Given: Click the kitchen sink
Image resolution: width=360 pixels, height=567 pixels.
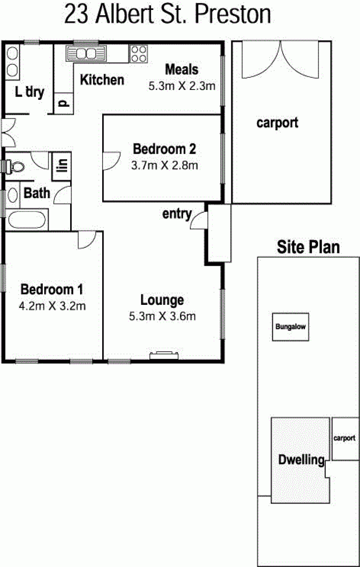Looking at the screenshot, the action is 86,54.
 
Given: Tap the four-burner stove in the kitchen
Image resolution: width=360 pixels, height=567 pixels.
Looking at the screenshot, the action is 139,54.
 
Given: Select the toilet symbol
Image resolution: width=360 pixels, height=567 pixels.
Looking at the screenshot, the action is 13,166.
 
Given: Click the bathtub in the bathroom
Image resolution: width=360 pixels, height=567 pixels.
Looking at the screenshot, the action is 27,219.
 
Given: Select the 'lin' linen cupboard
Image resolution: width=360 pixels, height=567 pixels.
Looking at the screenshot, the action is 62,166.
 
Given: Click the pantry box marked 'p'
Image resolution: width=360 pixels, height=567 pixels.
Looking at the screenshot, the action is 64,103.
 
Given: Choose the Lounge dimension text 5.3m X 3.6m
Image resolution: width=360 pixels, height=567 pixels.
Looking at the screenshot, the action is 162,317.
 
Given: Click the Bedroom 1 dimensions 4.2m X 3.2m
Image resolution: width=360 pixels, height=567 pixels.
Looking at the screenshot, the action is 52,306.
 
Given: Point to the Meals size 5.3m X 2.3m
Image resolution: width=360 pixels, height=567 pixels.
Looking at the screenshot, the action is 182,86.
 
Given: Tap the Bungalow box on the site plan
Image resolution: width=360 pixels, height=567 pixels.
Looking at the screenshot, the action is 291,327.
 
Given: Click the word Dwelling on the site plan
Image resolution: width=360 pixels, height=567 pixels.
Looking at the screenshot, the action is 301,460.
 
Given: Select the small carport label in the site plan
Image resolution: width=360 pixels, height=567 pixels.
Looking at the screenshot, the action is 344,438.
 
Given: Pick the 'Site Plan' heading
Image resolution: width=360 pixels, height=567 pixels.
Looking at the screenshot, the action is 308,247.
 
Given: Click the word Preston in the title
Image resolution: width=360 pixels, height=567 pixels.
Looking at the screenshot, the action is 233,14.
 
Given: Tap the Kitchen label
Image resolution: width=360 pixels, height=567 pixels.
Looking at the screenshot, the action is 102,80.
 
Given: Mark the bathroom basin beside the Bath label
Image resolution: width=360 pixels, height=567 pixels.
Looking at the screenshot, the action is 13,195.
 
